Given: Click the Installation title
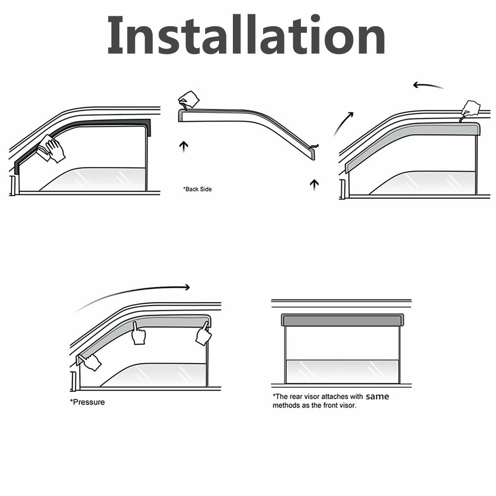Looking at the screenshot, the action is pyautogui.click(x=246, y=35).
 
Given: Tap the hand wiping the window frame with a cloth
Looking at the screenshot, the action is pyautogui.click(x=51, y=149).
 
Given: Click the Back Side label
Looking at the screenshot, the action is pyautogui.click(x=197, y=189).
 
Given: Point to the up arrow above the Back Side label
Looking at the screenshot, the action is pyautogui.click(x=183, y=147).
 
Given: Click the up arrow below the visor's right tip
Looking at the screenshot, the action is pyautogui.click(x=314, y=185).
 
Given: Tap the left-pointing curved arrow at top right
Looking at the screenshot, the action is pyautogui.click(x=428, y=85).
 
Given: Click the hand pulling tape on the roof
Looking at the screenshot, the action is pyautogui.click(x=471, y=109).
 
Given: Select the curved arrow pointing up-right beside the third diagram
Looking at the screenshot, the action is pyautogui.click(x=343, y=123).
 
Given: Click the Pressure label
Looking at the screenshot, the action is pyautogui.click(x=87, y=402).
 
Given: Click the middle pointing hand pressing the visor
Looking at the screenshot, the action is pyautogui.click(x=138, y=333).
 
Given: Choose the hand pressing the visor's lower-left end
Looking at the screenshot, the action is pyautogui.click(x=91, y=362).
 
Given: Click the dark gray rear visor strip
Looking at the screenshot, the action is pyautogui.click(x=342, y=320).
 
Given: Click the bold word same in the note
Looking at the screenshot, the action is pyautogui.click(x=378, y=396).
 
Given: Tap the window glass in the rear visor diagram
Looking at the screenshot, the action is pyautogui.click(x=342, y=371).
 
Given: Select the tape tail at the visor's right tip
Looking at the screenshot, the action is pyautogui.click(x=315, y=147).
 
